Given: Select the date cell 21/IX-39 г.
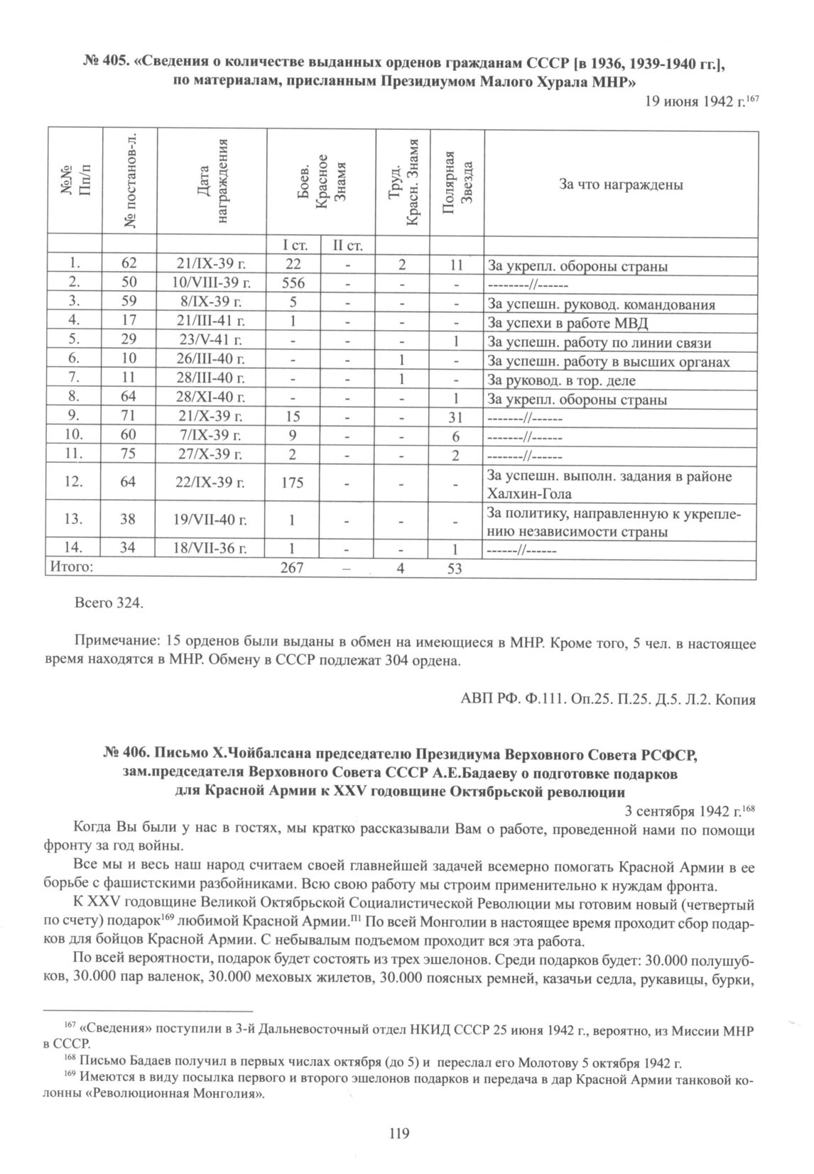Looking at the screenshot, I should (210, 265).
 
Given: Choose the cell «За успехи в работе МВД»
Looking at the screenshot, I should (568, 324).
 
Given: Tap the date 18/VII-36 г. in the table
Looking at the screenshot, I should (211, 549).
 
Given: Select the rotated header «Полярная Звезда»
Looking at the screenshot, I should (458, 182).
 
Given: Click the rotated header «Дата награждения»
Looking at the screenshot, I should (211, 182).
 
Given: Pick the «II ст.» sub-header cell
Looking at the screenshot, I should (347, 247).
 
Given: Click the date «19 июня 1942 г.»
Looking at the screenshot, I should (689, 102).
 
